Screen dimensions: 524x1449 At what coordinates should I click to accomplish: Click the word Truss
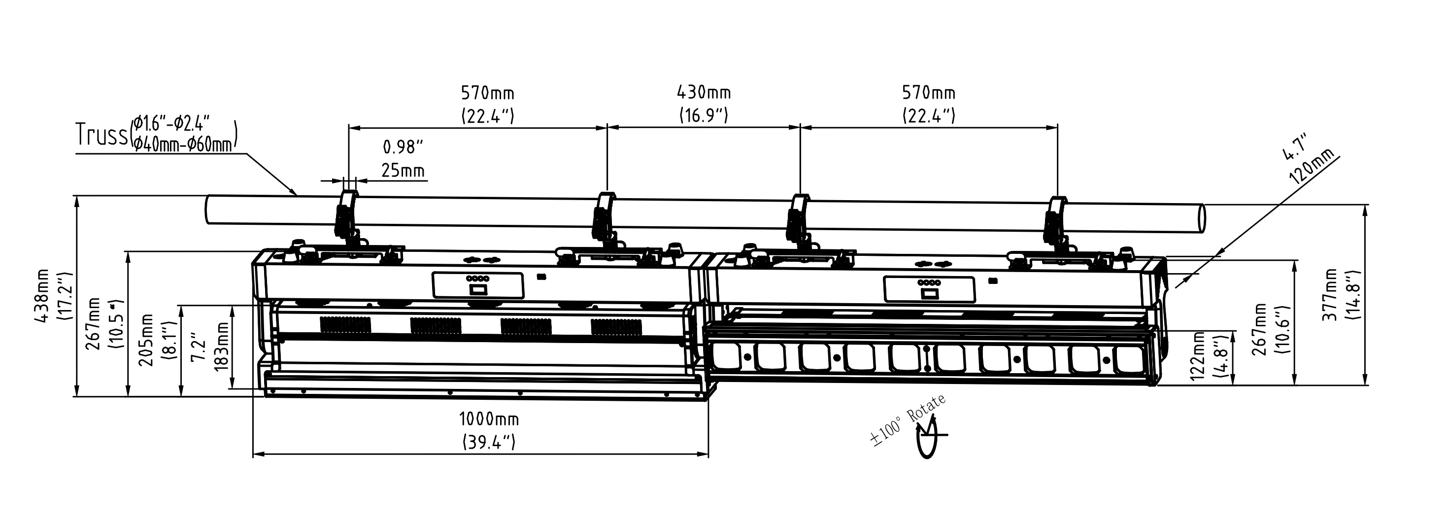(x=101, y=135)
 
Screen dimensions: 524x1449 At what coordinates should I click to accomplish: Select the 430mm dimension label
(x=703, y=92)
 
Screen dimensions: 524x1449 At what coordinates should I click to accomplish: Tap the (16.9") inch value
(x=703, y=115)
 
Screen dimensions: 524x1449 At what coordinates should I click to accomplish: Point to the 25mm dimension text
(x=403, y=170)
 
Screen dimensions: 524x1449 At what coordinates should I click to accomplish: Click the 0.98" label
(x=403, y=147)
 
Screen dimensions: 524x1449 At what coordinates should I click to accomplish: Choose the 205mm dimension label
(x=147, y=340)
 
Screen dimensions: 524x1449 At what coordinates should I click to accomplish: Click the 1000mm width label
(x=489, y=419)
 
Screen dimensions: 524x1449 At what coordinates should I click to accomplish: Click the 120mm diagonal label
(x=1312, y=167)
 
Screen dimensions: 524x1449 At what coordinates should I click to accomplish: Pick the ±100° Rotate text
(x=908, y=420)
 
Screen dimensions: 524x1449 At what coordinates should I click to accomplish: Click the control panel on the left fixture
(x=477, y=285)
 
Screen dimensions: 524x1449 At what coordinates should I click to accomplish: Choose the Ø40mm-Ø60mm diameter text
(x=183, y=144)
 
